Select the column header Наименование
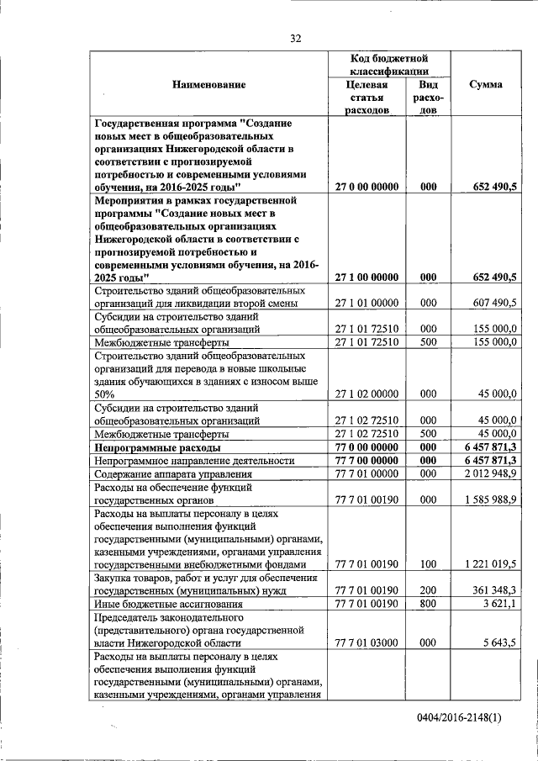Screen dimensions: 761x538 click(x=209, y=84)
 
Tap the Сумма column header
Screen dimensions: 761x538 click(x=486, y=84)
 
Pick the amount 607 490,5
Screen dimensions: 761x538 click(x=491, y=302)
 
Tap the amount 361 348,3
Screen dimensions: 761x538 click(x=491, y=590)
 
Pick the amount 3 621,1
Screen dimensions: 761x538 click(x=498, y=603)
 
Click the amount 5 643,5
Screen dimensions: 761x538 click(x=498, y=642)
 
